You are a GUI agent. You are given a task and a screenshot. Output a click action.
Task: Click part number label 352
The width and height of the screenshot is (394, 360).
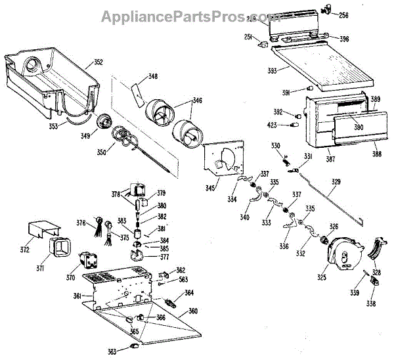(98, 62)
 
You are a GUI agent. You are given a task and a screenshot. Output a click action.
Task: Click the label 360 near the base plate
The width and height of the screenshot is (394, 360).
(193, 310)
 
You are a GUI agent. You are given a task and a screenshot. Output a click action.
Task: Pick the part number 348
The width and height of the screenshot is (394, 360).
(153, 77)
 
